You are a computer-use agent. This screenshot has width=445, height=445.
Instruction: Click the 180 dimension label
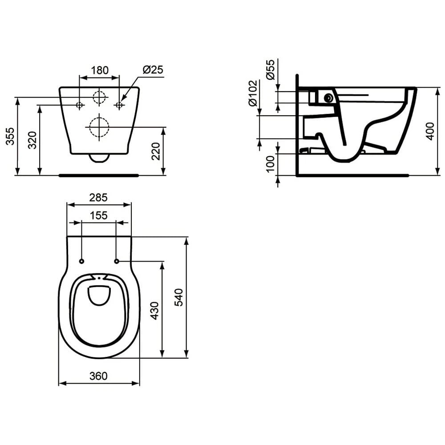[x=100, y=70]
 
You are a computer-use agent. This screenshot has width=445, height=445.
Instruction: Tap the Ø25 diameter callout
[x=153, y=69]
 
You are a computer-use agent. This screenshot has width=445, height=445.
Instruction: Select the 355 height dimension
[x=10, y=136]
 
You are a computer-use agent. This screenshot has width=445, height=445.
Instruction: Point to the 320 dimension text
[x=32, y=140]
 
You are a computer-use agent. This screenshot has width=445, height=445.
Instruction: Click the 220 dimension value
[x=156, y=151]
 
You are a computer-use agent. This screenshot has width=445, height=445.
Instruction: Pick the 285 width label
[x=98, y=198]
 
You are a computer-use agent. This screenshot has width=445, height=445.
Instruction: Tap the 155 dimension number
[x=99, y=215]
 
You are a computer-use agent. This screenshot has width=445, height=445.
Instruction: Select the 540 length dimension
[x=179, y=297]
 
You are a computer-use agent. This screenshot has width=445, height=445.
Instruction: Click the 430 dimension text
[x=155, y=311]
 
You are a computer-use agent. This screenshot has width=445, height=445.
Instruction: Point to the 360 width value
[x=98, y=376]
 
